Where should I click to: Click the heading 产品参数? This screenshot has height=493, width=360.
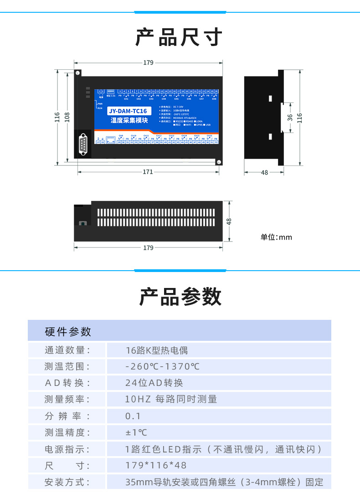click(180, 297)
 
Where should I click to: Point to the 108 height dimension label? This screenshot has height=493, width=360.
click(67, 117)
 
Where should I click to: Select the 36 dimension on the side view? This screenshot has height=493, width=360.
click(290, 117)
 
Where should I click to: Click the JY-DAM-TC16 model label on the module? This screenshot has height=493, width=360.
click(128, 111)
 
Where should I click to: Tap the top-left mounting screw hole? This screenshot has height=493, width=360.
click(78, 73)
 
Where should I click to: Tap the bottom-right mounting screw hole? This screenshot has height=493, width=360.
click(219, 162)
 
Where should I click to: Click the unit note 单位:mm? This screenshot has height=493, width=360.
click(276, 237)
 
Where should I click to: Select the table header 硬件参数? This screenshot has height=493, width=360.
click(68, 332)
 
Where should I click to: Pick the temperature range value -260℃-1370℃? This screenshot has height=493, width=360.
click(162, 367)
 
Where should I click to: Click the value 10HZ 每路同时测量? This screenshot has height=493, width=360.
click(171, 400)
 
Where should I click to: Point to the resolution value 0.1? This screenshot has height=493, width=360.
click(133, 416)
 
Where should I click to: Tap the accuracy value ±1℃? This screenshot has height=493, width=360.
click(136, 432)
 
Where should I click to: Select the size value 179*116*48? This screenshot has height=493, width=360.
click(156, 465)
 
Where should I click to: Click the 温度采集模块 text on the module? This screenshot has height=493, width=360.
click(129, 120)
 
